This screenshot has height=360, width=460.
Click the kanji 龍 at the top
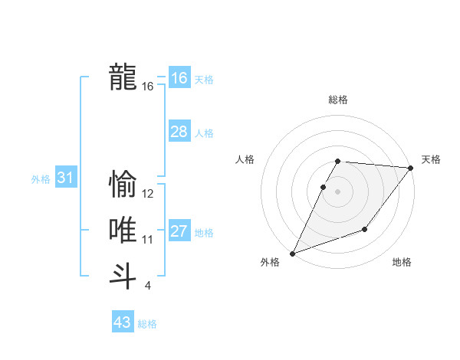pos(123,77)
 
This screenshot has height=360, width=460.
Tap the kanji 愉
pos(123,185)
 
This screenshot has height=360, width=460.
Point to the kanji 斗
pos(123,275)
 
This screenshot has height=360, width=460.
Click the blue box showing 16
pos(179,77)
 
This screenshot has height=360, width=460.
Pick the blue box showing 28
pos(179,132)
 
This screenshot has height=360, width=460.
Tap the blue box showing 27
pos(179,231)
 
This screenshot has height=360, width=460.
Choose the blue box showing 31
pos(65,178)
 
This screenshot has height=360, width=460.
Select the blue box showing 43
pos(123,322)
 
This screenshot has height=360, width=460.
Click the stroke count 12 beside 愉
pos(148,194)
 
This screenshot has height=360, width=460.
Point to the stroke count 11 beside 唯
pos(148,240)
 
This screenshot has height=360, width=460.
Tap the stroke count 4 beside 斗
pos(147,286)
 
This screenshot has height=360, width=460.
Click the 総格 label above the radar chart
pos(338,100)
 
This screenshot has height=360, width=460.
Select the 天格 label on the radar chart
pos(431,159)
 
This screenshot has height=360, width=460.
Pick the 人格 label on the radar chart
pos(245,159)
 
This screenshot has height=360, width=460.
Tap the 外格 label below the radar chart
pos(270,262)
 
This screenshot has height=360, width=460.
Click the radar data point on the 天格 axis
pos(411,168)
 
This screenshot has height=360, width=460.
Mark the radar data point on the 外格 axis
pos(293,253)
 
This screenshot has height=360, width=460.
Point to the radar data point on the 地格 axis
pos(365,229)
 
